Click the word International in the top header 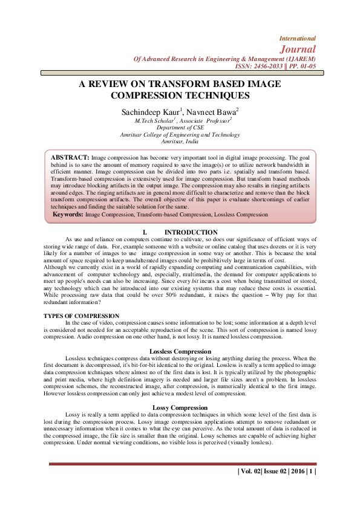(x=297, y=38)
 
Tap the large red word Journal (x=298, y=49)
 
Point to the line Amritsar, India (x=180, y=141)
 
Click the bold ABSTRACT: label (x=70, y=157)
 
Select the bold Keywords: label (x=68, y=214)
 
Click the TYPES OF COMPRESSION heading (x=81, y=316)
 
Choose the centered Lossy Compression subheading (x=180, y=391)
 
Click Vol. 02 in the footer (x=251, y=471)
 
